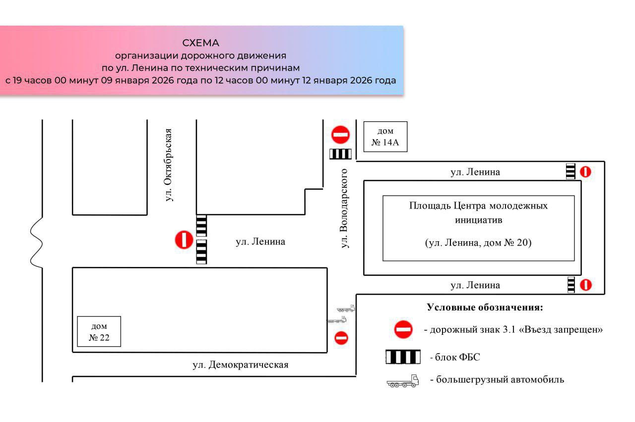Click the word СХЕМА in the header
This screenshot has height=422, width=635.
coord(200,43)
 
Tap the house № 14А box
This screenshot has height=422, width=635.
coord(385,137)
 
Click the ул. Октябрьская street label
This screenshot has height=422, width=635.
coord(169,164)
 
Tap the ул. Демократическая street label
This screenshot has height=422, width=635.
coord(241,365)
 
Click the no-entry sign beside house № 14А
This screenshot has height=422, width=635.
coord(340,135)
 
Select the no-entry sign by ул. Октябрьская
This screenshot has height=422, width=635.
coord(184,240)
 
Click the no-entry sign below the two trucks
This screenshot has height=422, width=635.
coord(341,338)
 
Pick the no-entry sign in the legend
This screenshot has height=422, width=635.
coord(403,329)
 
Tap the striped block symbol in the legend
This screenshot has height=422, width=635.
coord(403,357)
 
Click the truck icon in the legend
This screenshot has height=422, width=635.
coord(403,381)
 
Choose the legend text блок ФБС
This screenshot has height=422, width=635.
coord(455,357)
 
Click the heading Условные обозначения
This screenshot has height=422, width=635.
coord(485,307)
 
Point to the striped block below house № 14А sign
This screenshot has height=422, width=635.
coord(340,154)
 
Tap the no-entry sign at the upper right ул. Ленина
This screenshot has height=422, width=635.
coord(586,172)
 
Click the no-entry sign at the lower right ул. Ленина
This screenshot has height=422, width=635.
coord(586,285)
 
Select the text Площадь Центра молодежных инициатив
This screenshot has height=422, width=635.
coord(478,212)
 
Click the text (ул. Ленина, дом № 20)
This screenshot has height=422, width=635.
coord(478,243)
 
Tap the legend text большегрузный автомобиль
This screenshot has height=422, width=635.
coord(497,380)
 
